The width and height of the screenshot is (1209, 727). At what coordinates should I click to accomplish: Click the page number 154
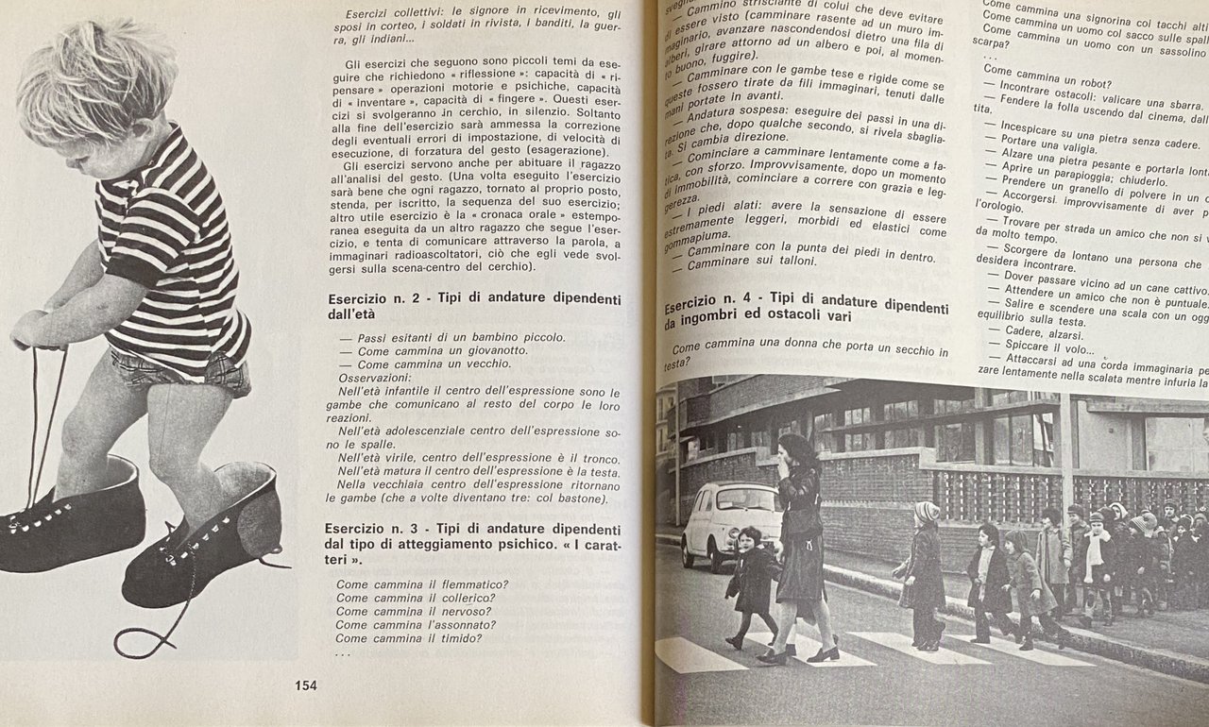pos(305,685)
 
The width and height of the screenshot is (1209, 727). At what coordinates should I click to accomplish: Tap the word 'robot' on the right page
pos(1092,85)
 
